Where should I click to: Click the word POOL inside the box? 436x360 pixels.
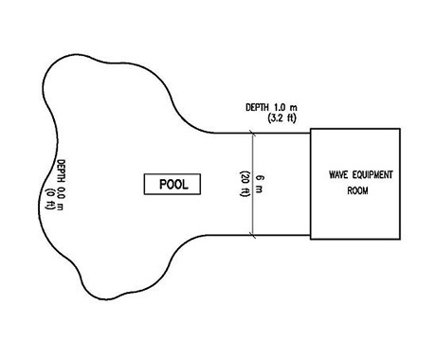tap(173, 185)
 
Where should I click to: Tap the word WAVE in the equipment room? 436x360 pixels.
tap(338, 174)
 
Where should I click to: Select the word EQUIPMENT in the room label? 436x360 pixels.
tap(372, 174)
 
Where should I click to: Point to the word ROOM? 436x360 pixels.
tap(357, 190)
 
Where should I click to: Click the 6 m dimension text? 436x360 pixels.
tap(259, 184)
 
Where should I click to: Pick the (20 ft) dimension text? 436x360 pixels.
tap(245, 184)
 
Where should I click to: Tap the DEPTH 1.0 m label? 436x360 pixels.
tap(271, 107)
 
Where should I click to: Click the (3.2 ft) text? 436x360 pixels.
tap(282, 118)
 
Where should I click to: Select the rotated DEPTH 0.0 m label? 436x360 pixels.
tap(61, 185)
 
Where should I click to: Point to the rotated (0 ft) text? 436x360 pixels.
tap(50, 199)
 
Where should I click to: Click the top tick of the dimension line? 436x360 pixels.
tap(252, 134)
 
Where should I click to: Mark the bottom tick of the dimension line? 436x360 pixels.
tap(252, 235)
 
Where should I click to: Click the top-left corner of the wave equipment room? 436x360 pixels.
tap(311, 129)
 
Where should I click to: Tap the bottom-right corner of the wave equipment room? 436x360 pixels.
tap(400, 239)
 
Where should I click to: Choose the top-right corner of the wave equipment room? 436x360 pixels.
tap(400, 129)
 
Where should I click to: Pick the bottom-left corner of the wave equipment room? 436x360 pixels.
tap(311, 239)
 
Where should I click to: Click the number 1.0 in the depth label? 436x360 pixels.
tap(281, 107)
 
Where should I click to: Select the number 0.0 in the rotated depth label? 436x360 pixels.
tap(61, 192)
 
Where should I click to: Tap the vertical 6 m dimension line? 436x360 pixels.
tap(252, 184)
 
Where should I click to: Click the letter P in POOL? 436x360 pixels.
tap(163, 185)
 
